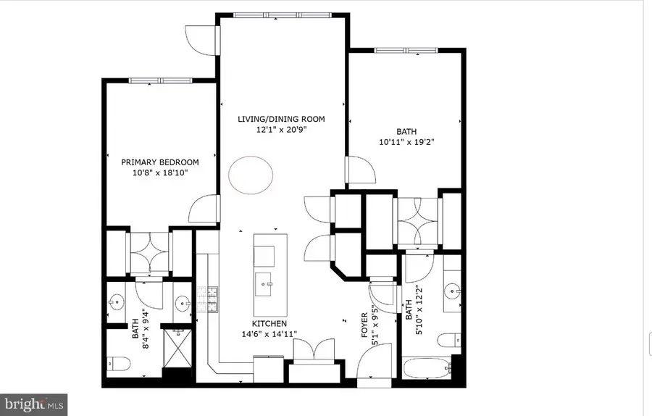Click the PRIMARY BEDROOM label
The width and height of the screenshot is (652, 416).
(x=159, y=162)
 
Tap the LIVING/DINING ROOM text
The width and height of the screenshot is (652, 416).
(x=282, y=119)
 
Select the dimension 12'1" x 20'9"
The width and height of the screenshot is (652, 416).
(x=282, y=130)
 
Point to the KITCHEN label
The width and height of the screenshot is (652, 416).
(x=269, y=323)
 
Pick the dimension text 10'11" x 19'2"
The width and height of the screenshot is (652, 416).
(x=406, y=143)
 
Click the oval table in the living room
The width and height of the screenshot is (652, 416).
(x=251, y=174)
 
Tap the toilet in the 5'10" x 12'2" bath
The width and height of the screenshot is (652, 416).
(x=452, y=338)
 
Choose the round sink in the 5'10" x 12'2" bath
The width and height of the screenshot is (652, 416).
(x=454, y=291)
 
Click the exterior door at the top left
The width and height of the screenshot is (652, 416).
(x=201, y=40)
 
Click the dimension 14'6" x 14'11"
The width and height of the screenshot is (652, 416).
(x=269, y=334)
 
